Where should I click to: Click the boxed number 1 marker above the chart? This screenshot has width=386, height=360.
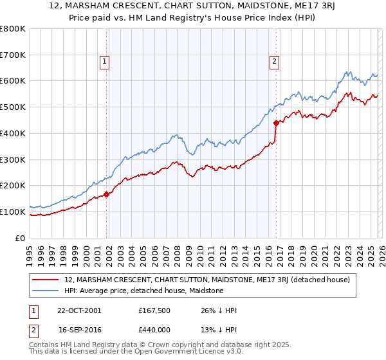point(104,62)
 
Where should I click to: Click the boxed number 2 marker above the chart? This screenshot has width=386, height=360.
point(274,62)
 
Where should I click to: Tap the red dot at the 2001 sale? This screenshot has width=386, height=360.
point(107,194)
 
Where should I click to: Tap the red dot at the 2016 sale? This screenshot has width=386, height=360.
point(276,122)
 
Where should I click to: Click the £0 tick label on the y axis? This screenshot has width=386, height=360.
point(21,238)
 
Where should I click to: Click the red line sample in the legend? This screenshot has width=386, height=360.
point(46,280)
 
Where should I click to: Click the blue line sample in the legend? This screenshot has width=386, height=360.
point(46,291)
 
